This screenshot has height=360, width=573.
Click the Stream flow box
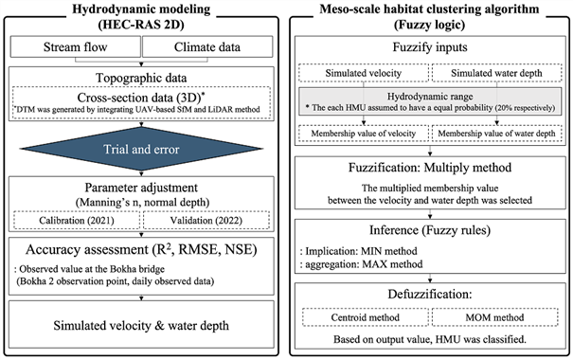(75, 46)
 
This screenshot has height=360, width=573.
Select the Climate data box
(207, 46)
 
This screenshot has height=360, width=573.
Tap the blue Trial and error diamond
(141, 149)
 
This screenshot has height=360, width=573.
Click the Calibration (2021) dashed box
(77, 221)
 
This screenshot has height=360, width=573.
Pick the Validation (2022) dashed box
(206, 221)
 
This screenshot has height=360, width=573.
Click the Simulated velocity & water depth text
(141, 325)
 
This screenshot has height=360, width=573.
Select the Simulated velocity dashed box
(364, 73)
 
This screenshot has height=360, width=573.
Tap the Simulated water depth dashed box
(496, 73)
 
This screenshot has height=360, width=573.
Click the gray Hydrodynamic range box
(430, 101)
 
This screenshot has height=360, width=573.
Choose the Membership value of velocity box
(364, 134)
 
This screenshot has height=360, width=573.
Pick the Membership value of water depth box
(496, 134)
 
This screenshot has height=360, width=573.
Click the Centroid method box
(365, 317)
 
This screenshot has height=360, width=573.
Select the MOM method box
(494, 317)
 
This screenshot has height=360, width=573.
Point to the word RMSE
(199, 249)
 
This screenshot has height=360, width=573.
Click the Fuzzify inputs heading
(430, 47)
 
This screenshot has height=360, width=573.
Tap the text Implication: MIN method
(361, 251)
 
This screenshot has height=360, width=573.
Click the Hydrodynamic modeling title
(141, 9)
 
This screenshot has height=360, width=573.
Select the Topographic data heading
(141, 78)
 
